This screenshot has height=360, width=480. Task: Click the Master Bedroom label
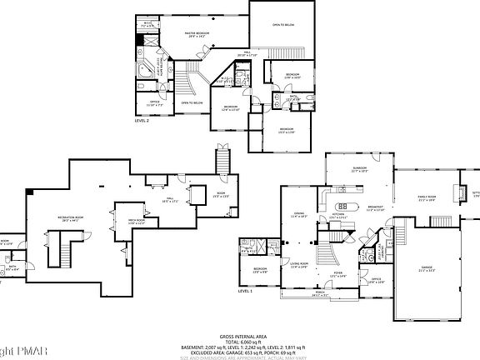pyautogui.click(x=197, y=34)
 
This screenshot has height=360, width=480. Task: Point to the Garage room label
pyautogui.click(x=427, y=268)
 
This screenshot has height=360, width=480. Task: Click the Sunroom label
pyautogui.click(x=359, y=170)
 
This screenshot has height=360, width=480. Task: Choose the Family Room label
pyautogui.click(x=427, y=197)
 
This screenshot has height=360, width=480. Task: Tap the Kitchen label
pyautogui.click(x=338, y=215)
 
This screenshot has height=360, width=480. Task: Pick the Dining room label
pyautogui.click(x=298, y=215)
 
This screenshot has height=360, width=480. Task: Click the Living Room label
pyautogui.click(x=299, y=266)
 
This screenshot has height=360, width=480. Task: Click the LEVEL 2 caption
pyautogui.click(x=142, y=121)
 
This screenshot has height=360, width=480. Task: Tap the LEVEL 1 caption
pyautogui.click(x=245, y=292)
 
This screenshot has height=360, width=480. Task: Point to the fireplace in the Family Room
pyautogui.click(x=457, y=191)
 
